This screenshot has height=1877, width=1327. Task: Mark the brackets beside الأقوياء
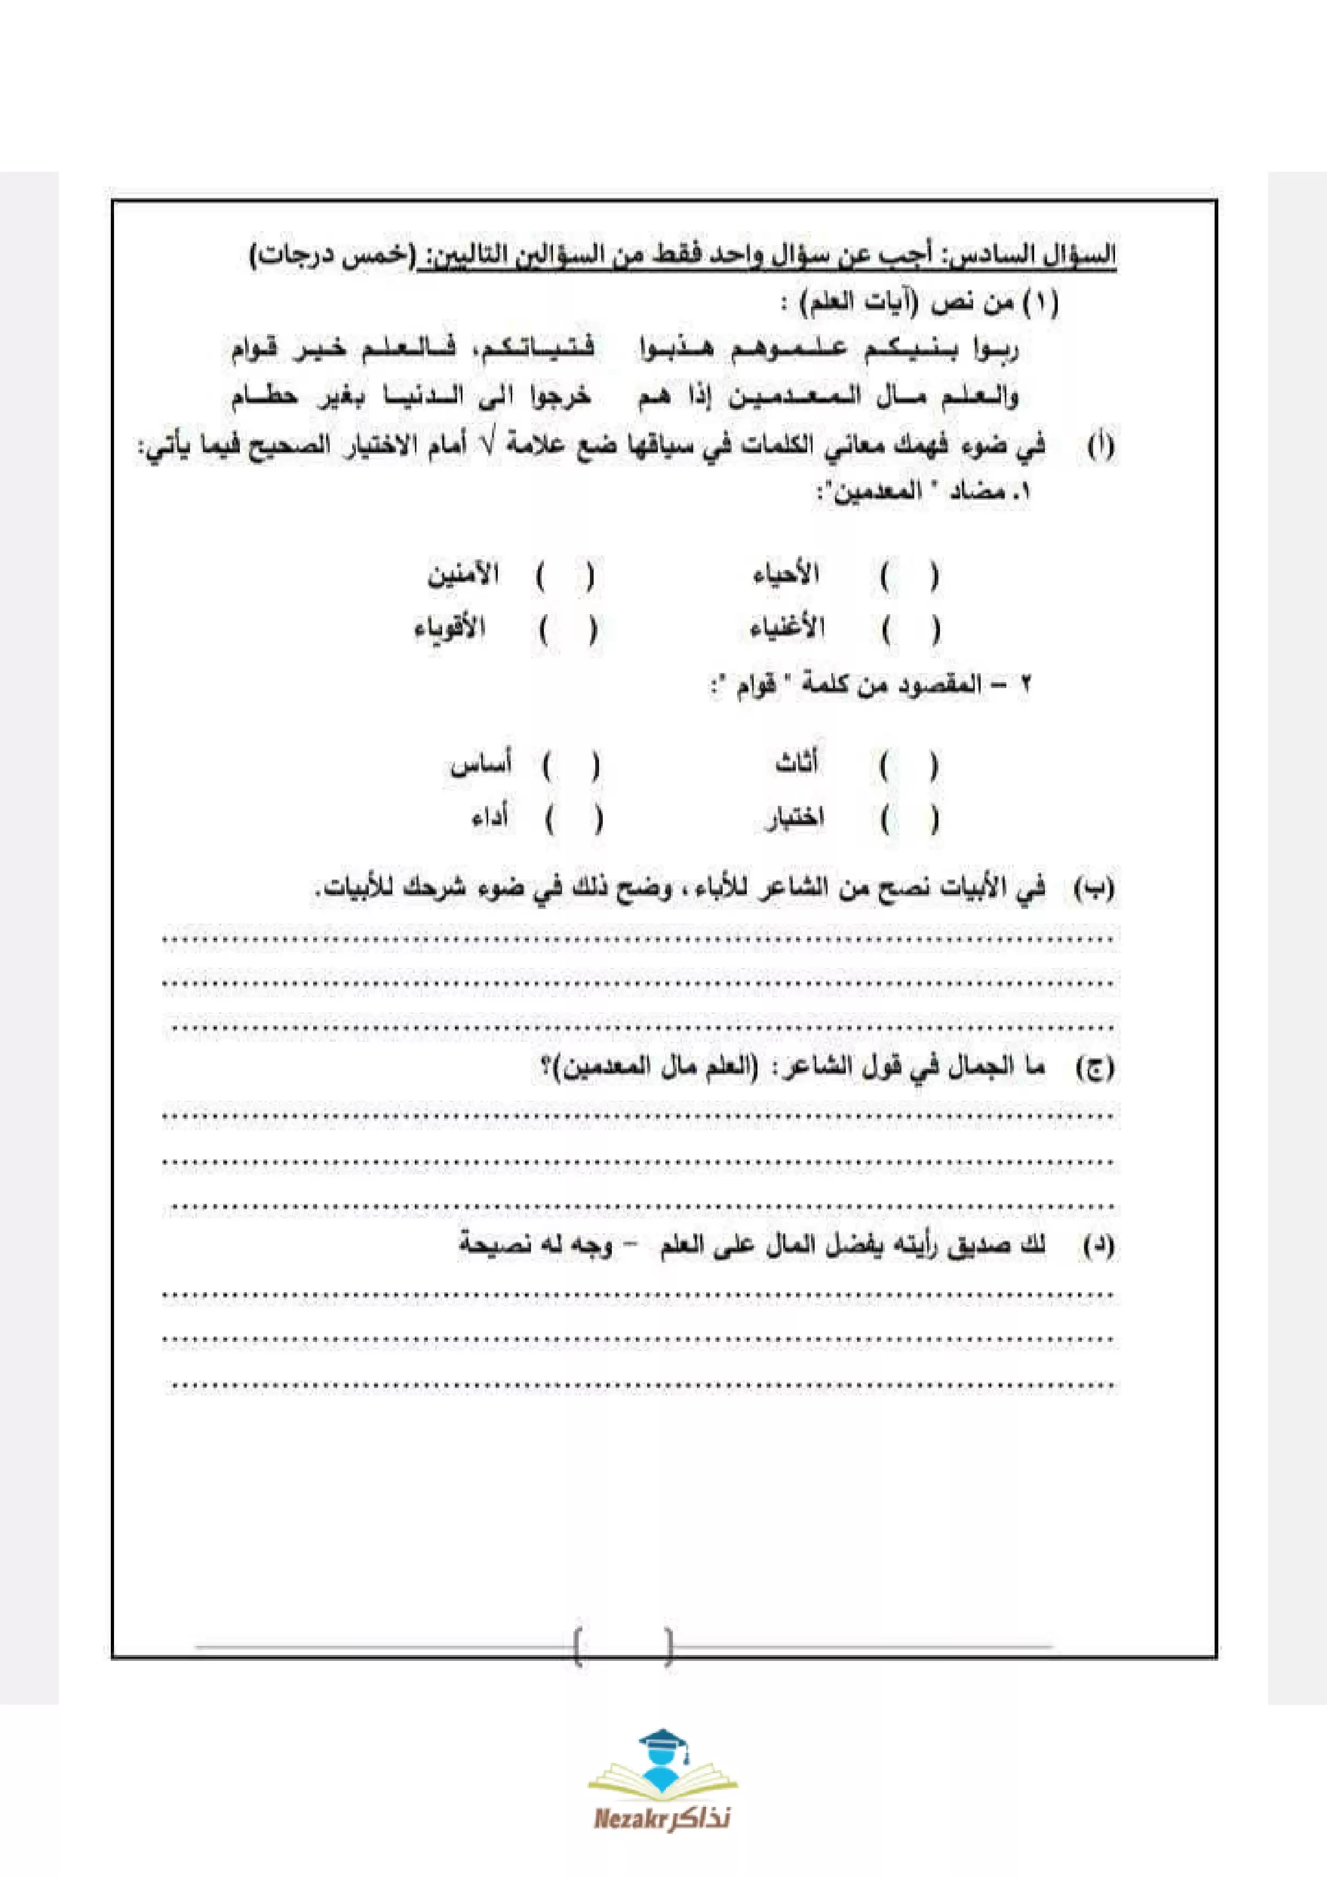point(567,629)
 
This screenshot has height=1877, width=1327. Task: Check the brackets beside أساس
point(571,766)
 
